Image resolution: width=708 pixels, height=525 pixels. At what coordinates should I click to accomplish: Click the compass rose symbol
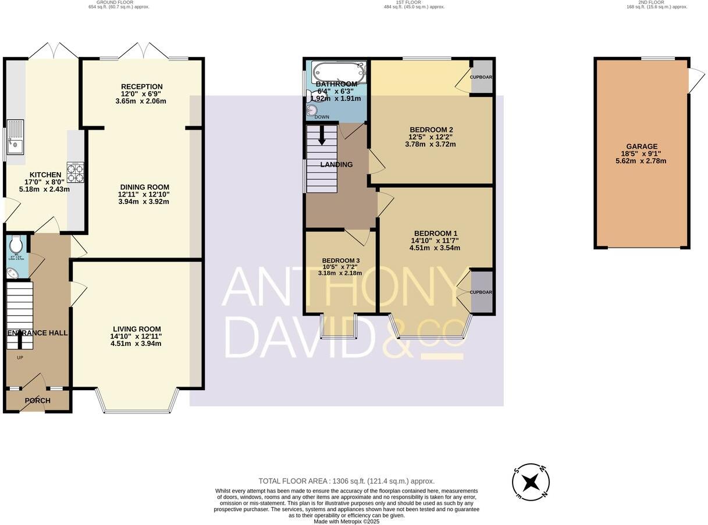531,482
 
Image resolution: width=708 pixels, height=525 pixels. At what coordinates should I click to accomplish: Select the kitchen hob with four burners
75,172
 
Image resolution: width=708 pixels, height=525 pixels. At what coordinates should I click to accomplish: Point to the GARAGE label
642,147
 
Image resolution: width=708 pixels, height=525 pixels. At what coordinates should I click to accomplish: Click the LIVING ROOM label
137,329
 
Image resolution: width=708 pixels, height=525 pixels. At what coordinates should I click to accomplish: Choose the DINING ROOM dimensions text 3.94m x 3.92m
144,202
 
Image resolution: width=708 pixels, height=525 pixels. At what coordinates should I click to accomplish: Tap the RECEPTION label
141,87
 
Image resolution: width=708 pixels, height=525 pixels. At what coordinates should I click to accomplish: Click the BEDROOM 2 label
431,130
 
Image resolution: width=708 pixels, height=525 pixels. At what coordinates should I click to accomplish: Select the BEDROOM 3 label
341,260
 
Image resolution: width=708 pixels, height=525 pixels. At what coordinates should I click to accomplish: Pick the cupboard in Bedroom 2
481,77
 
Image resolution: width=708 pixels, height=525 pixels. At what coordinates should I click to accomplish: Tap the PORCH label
37,401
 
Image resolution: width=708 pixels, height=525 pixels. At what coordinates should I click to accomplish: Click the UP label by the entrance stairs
20,358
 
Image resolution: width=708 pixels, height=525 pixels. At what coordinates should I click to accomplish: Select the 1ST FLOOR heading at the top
414,2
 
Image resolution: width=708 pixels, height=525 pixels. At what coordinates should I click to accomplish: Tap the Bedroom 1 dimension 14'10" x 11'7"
435,240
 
